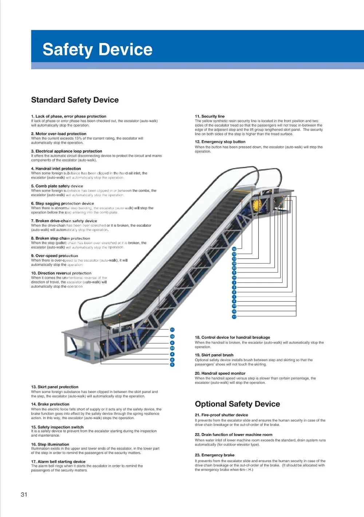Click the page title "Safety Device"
98,49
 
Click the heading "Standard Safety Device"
75,100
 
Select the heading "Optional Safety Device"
237,404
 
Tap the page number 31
24,494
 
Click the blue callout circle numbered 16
234,249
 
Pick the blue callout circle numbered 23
234,268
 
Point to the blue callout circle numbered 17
234,317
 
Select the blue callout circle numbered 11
172,330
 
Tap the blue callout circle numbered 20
172,348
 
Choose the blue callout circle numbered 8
172,360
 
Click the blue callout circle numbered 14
234,278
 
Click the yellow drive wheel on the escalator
257,204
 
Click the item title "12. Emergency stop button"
220,142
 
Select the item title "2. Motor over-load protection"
59,134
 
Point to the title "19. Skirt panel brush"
214,355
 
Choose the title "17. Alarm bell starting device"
58,462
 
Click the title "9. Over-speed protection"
55,256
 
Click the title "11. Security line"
210,116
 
